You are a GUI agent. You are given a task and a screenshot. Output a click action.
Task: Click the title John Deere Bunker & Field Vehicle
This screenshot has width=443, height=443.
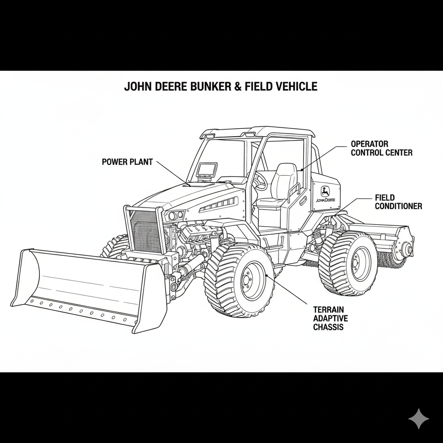221,87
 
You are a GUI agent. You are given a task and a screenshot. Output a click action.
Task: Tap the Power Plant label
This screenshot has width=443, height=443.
127,162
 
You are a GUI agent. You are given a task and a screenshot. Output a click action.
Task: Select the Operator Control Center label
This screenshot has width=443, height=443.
381,148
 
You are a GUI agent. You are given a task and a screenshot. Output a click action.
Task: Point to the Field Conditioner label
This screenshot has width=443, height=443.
398,202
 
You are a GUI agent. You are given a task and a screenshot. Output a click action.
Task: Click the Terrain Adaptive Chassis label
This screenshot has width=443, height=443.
330,318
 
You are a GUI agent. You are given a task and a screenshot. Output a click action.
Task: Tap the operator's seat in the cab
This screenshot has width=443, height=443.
281,184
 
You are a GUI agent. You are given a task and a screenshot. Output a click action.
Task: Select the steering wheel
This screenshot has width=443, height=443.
260,182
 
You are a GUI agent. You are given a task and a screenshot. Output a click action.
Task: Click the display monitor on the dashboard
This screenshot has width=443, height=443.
207,169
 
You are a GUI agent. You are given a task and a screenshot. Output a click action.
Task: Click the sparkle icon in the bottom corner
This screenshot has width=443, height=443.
419,419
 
